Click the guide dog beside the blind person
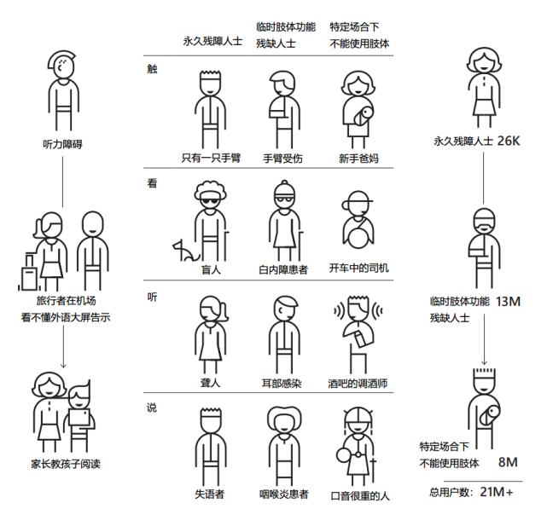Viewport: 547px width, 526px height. point(185,251)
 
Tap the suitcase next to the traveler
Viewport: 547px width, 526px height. point(29,273)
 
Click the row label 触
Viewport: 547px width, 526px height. point(152,69)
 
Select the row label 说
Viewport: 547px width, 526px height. point(152,408)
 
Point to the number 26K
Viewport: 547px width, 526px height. point(509,141)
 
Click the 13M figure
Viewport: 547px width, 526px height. point(508,302)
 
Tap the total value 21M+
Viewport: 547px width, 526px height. point(497,492)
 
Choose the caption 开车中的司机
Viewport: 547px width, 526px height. point(358,268)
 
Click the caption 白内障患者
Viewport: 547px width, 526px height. point(283,269)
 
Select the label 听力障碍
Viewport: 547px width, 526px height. point(62,144)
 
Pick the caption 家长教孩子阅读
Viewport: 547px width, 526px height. point(66,464)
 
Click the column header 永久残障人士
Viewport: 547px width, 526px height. point(212,41)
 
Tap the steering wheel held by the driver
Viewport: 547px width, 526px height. point(358,237)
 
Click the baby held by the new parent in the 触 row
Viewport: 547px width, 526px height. point(363,116)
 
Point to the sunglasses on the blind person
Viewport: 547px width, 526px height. point(210,202)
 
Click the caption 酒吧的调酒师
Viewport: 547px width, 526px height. point(358,384)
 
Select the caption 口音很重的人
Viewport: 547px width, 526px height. point(359,495)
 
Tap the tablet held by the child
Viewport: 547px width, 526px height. point(79,417)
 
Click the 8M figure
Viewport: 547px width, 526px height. point(508,462)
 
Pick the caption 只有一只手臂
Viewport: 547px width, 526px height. point(211,158)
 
